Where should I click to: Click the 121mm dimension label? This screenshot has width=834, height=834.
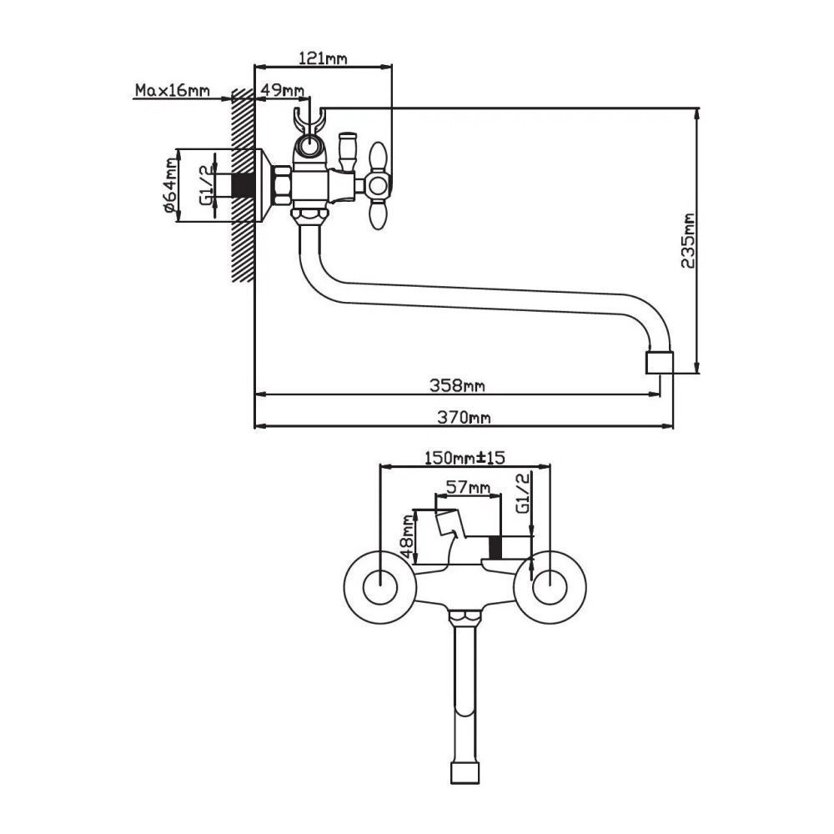click(322, 58)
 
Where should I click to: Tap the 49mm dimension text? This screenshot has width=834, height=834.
click(282, 90)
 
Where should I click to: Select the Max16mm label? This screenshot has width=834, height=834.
click(173, 90)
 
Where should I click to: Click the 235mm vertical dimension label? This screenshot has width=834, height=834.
click(688, 240)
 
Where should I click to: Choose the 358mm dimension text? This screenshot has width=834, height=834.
click(457, 385)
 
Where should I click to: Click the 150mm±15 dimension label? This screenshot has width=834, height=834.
click(465, 458)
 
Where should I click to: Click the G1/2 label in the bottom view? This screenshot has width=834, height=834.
click(523, 495)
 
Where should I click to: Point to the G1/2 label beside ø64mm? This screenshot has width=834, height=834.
click(205, 185)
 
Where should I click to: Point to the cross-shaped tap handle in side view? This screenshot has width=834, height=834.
click(377, 184)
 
